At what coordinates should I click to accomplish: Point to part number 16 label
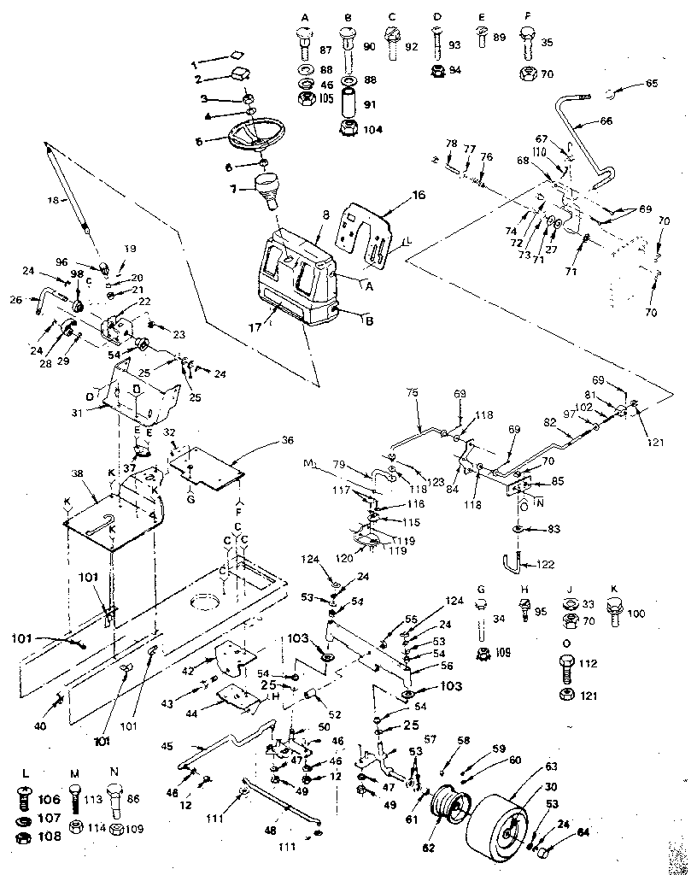coord(395,196)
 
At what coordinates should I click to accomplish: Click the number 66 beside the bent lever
coord(606,121)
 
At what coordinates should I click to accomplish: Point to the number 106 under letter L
coord(50,800)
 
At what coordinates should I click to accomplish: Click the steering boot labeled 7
coord(268,191)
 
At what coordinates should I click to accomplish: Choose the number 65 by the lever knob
coord(652,84)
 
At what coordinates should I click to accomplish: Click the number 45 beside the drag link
coord(167,743)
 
